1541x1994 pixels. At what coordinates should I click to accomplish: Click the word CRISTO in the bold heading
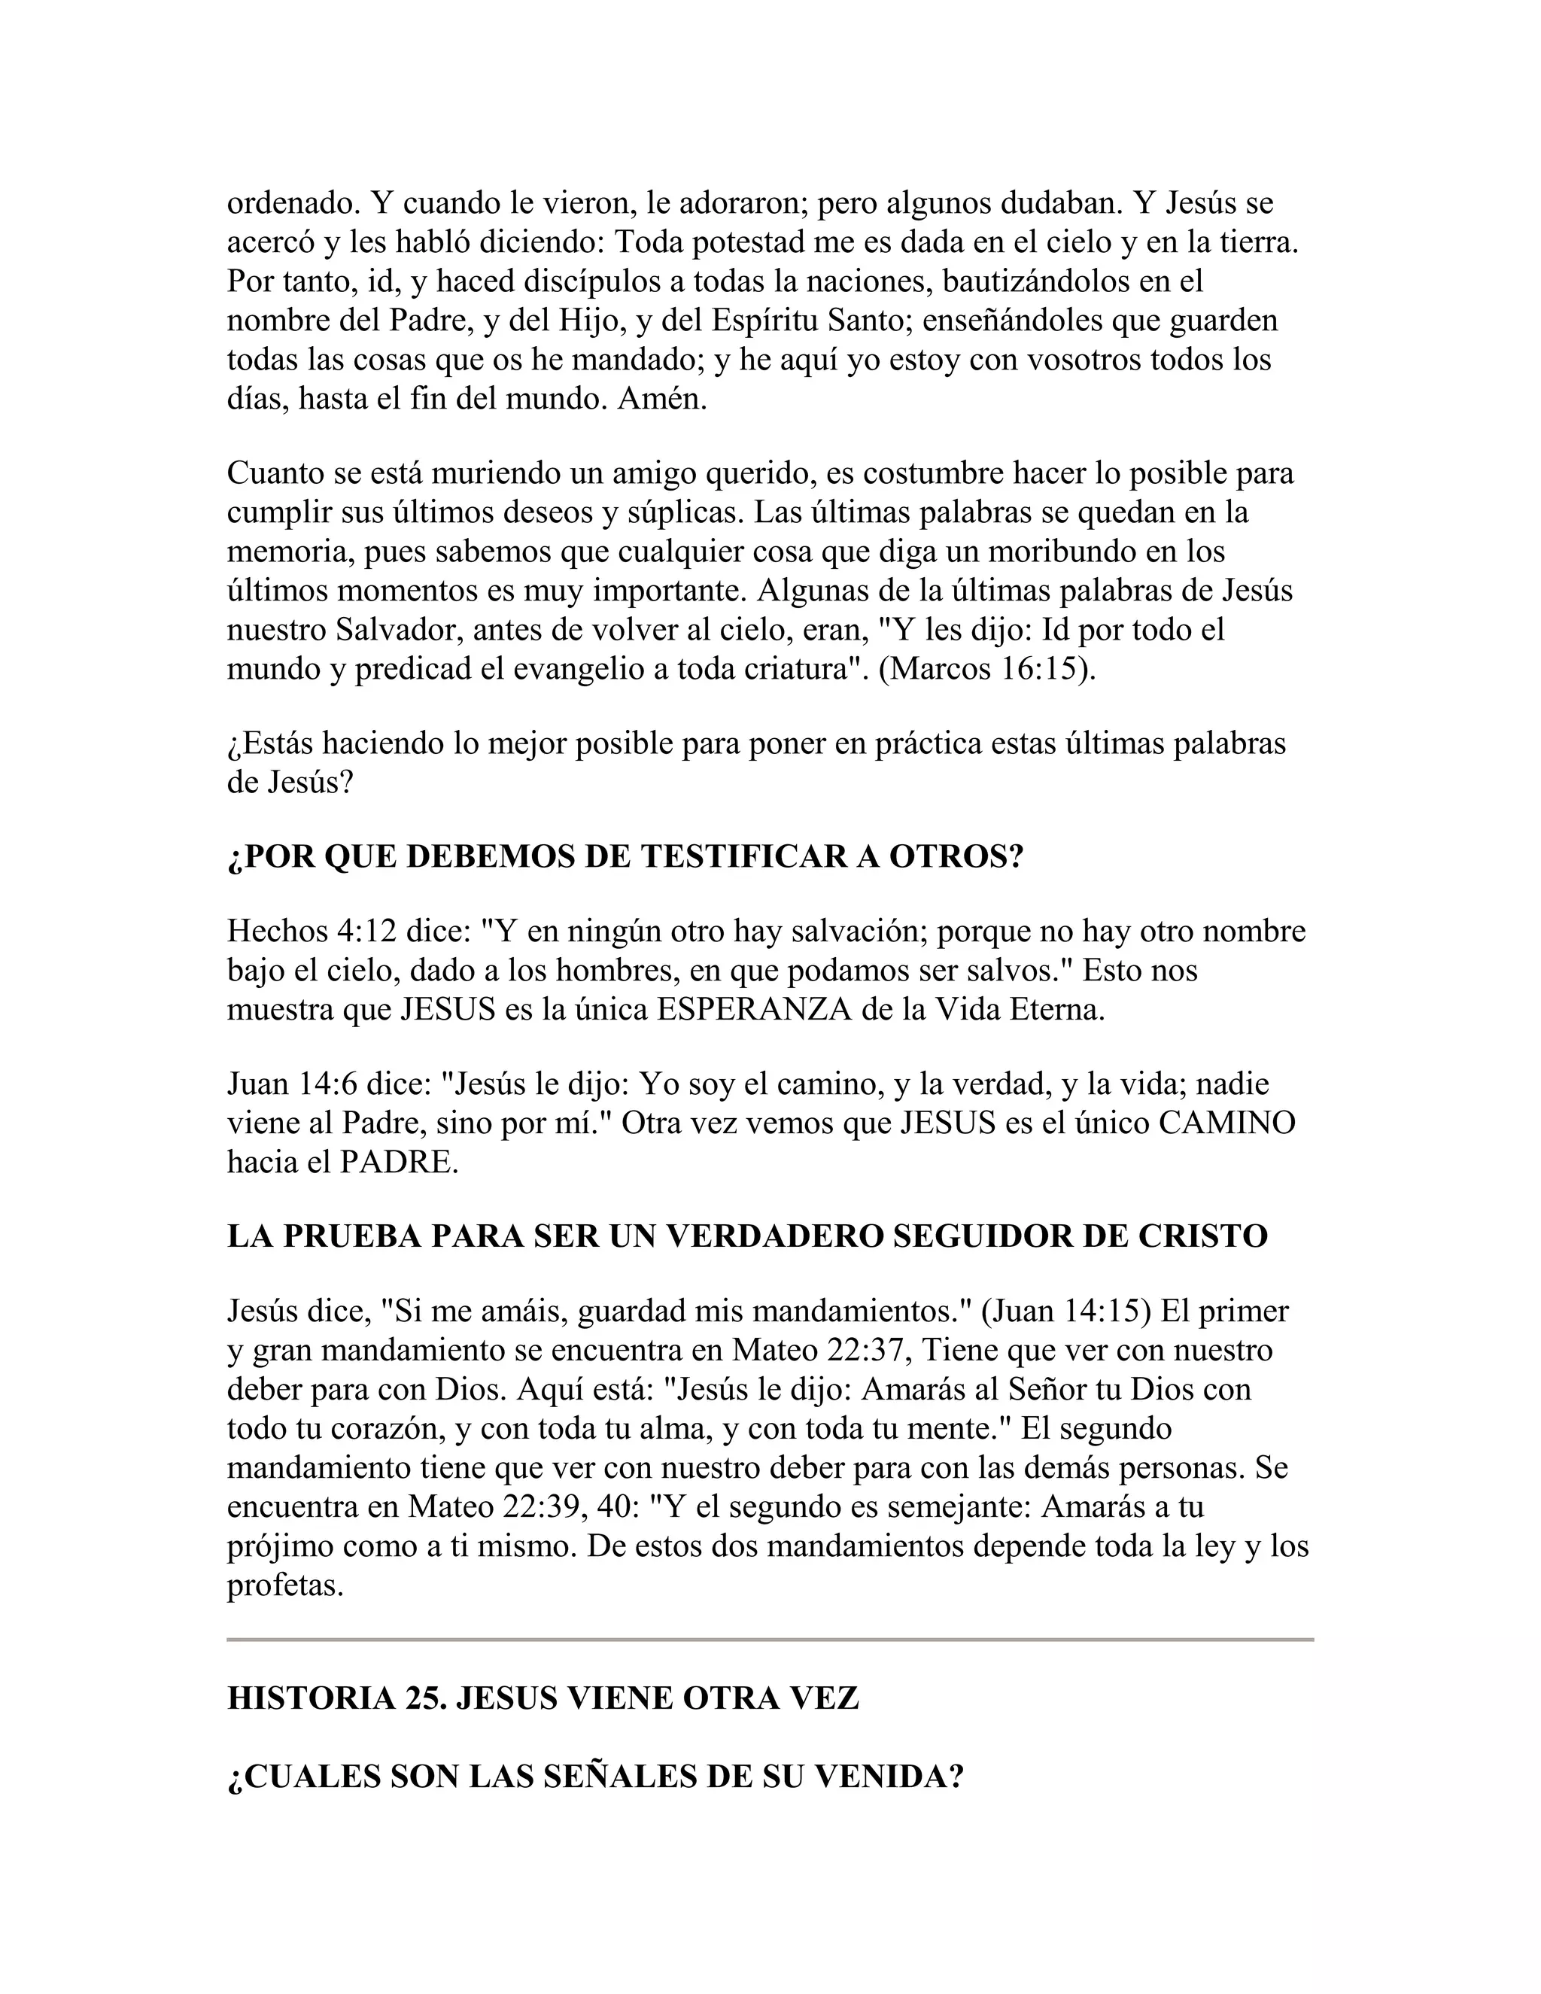point(1202,1236)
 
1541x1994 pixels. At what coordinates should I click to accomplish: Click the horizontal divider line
point(770,1640)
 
